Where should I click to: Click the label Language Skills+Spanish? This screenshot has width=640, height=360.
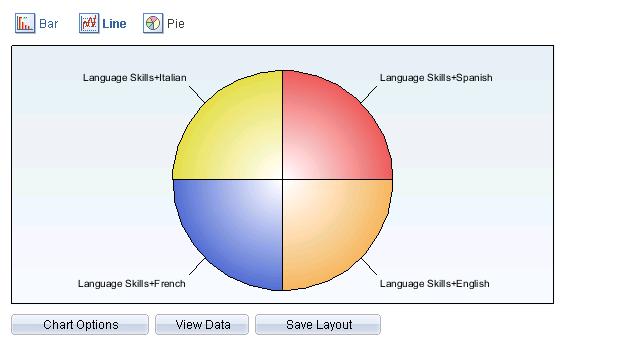(436, 78)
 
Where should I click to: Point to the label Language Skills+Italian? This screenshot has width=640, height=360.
(134, 78)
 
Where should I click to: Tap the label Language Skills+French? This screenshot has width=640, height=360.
(131, 284)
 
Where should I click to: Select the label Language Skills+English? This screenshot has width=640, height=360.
(434, 284)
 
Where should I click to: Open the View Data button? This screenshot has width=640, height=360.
(203, 325)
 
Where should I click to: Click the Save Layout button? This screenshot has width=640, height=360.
(318, 325)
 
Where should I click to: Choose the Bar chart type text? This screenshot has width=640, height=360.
(49, 23)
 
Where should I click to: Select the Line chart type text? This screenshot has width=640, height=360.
(114, 23)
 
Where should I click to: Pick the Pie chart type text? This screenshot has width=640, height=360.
(176, 23)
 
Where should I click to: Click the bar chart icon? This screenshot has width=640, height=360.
(25, 23)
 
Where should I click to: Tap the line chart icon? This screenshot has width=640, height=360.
(89, 23)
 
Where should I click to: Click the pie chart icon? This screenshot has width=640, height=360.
(153, 23)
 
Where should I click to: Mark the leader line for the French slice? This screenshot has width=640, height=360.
(197, 267)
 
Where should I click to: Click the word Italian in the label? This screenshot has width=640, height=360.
(171, 78)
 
